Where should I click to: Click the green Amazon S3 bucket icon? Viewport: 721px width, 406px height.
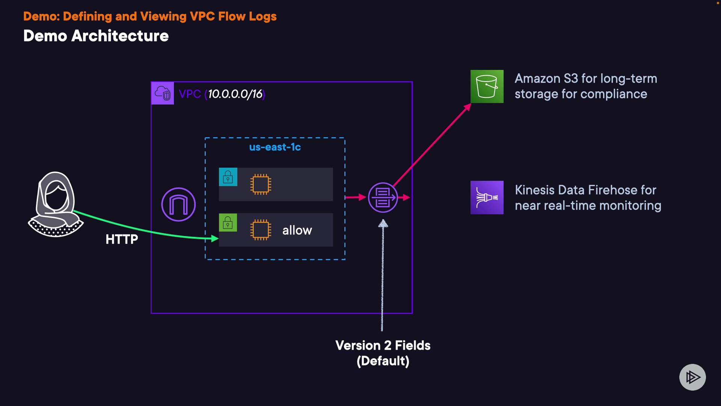[487, 86]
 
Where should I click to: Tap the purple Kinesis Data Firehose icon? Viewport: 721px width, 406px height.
[487, 197]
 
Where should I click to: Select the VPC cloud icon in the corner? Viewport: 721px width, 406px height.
[163, 93]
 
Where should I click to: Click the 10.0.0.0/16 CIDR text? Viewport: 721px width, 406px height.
[235, 94]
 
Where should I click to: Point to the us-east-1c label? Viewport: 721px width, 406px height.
[275, 147]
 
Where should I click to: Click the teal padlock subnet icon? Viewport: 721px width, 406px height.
[228, 177]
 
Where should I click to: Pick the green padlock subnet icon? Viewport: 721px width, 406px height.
[228, 223]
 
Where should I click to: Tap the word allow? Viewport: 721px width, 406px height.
[297, 230]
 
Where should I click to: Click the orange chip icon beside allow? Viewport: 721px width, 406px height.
[260, 230]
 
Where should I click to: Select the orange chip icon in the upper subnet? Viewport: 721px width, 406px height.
[260, 184]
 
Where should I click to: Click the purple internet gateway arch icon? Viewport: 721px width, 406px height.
[178, 205]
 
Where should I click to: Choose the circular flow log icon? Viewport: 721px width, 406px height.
[383, 197]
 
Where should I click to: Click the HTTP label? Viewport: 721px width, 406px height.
[122, 239]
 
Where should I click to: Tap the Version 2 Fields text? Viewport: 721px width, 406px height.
[383, 345]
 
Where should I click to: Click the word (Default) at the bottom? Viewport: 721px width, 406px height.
[383, 361]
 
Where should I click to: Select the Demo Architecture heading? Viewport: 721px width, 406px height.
[96, 36]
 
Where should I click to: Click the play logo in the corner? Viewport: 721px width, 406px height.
[692, 377]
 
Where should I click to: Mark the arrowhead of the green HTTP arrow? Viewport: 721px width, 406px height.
[215, 238]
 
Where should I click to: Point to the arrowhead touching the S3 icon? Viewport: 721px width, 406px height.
[468, 107]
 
